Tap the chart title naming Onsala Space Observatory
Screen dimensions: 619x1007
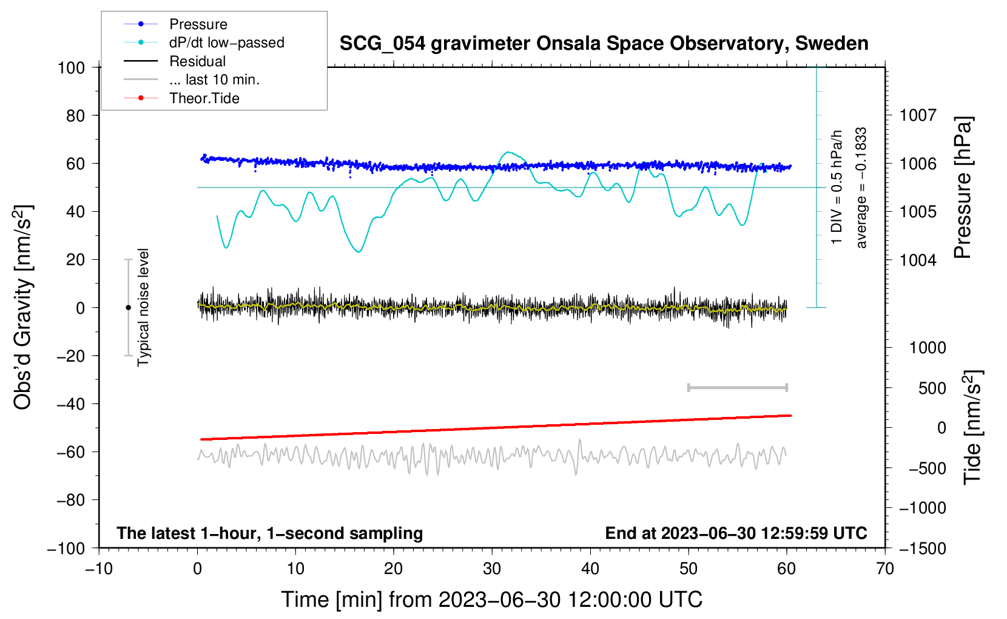click(x=604, y=44)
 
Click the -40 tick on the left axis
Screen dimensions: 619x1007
click(x=70, y=404)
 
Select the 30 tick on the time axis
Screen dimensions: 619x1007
click(x=492, y=569)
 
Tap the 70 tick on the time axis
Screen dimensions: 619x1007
click(x=885, y=569)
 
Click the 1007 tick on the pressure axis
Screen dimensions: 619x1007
click(x=918, y=115)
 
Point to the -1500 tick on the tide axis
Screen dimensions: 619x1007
click(x=922, y=548)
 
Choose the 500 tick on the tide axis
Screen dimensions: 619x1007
click(x=932, y=388)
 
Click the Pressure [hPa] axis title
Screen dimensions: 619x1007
click(x=963, y=188)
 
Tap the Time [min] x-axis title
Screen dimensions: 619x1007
click(x=491, y=600)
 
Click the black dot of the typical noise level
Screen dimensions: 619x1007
click(x=128, y=308)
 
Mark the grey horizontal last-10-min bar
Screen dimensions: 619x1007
click(x=737, y=388)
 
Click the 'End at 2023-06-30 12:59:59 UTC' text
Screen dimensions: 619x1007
click(x=736, y=533)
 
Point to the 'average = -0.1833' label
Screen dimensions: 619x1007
click(x=861, y=188)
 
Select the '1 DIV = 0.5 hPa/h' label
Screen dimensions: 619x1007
click(x=837, y=187)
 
